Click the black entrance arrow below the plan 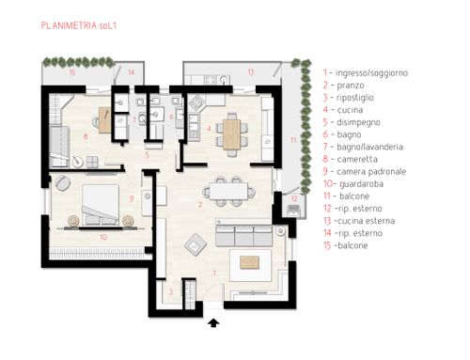[x=213, y=322]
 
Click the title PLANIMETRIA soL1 [x=79, y=25]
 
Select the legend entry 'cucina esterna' [x=365, y=221]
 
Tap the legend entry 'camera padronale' [x=371, y=172]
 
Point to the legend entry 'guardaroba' [x=361, y=184]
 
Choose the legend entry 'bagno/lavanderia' [x=369, y=147]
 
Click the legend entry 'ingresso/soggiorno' [x=371, y=73]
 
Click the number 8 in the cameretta [x=86, y=136]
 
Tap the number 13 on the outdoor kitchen [x=251, y=72]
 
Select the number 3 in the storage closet [x=171, y=292]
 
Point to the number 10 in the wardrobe [x=103, y=237]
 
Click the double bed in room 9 [x=101, y=205]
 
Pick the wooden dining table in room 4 [x=232, y=134]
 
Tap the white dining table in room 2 [x=228, y=191]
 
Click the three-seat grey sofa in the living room [x=243, y=236]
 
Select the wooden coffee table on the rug [x=249, y=262]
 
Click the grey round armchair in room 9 [x=63, y=183]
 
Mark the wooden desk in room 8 [x=105, y=120]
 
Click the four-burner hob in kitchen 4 [x=196, y=102]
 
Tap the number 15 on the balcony [x=72, y=72]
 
